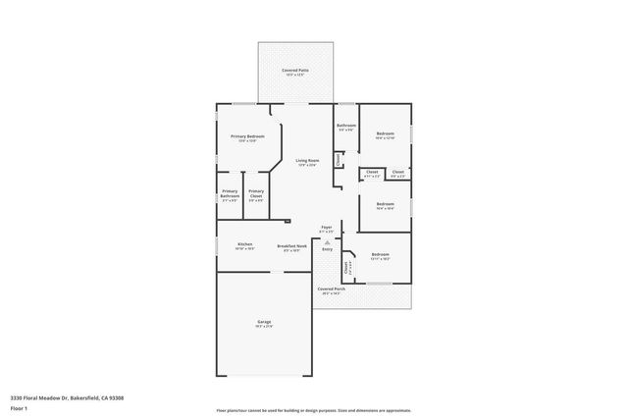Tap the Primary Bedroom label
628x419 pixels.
247,137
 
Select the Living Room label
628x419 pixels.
307,162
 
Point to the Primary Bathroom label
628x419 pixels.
230,194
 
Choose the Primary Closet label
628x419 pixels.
256,194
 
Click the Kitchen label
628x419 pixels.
245,245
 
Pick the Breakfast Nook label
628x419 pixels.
292,247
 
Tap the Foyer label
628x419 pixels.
327,229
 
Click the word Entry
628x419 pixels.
327,249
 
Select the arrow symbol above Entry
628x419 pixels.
327,241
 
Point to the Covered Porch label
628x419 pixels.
331,289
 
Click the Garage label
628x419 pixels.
265,322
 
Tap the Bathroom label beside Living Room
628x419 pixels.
346,127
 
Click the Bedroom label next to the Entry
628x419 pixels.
380,256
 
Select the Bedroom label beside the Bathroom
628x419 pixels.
385,134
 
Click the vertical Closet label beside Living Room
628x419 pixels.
338,158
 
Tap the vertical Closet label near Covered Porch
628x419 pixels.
346,266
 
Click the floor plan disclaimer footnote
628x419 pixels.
313,409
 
